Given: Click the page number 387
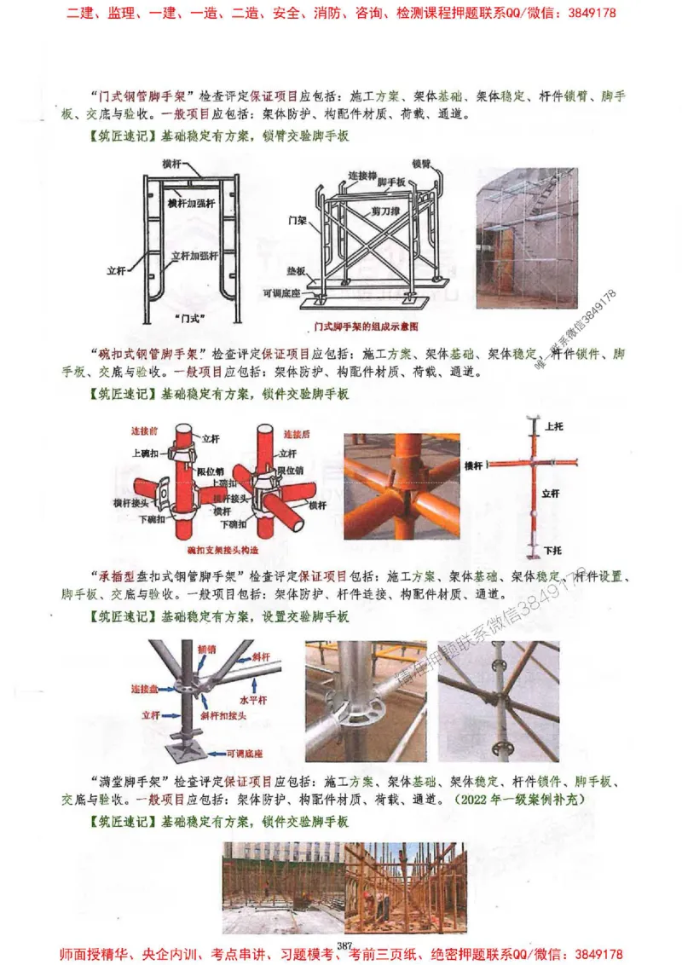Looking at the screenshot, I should [345, 945].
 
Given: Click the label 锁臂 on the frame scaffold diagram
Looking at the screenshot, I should [421, 163].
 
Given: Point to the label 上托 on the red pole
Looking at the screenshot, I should [553, 425].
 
